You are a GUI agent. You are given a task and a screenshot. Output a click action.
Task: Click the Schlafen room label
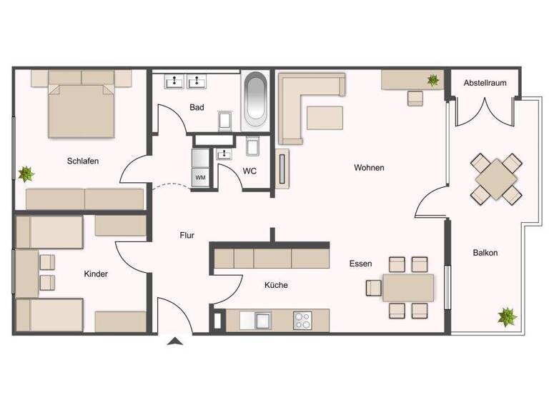coord(83,161)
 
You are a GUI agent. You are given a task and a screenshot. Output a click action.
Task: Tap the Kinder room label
coord(96,274)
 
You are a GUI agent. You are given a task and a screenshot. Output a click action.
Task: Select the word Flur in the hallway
coord(187,234)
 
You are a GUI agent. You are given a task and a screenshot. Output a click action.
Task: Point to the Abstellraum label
coord(485,83)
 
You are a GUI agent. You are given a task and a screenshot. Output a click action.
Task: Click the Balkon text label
coord(485,253)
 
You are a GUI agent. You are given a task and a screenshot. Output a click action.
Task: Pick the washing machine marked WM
coord(200,176)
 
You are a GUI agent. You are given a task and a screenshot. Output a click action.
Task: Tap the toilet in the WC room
coord(252,146)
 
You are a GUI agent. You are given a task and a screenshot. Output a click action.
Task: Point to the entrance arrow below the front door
coord(174,343)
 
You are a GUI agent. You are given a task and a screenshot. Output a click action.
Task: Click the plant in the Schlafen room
coord(26,174)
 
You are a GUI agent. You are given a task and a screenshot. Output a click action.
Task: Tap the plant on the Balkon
coord(508,316)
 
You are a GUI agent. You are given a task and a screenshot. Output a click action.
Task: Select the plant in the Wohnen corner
coord(433,80)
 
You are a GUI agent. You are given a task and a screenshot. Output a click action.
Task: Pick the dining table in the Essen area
coord(408,287)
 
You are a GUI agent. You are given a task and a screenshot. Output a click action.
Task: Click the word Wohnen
coord(369,168)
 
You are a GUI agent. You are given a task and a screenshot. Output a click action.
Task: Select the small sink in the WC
coord(225,154)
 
